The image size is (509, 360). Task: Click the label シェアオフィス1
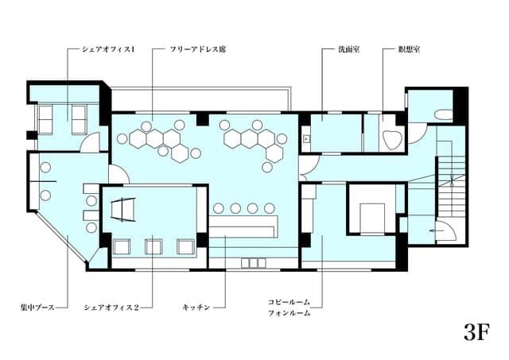109,49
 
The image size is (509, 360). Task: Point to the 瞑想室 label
410,49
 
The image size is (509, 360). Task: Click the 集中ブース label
37,306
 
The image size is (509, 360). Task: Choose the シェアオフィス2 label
111,306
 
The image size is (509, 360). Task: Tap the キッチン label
196,306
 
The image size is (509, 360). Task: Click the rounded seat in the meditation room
391,140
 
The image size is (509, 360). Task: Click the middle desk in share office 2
153,246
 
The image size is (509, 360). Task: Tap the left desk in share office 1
47,118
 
